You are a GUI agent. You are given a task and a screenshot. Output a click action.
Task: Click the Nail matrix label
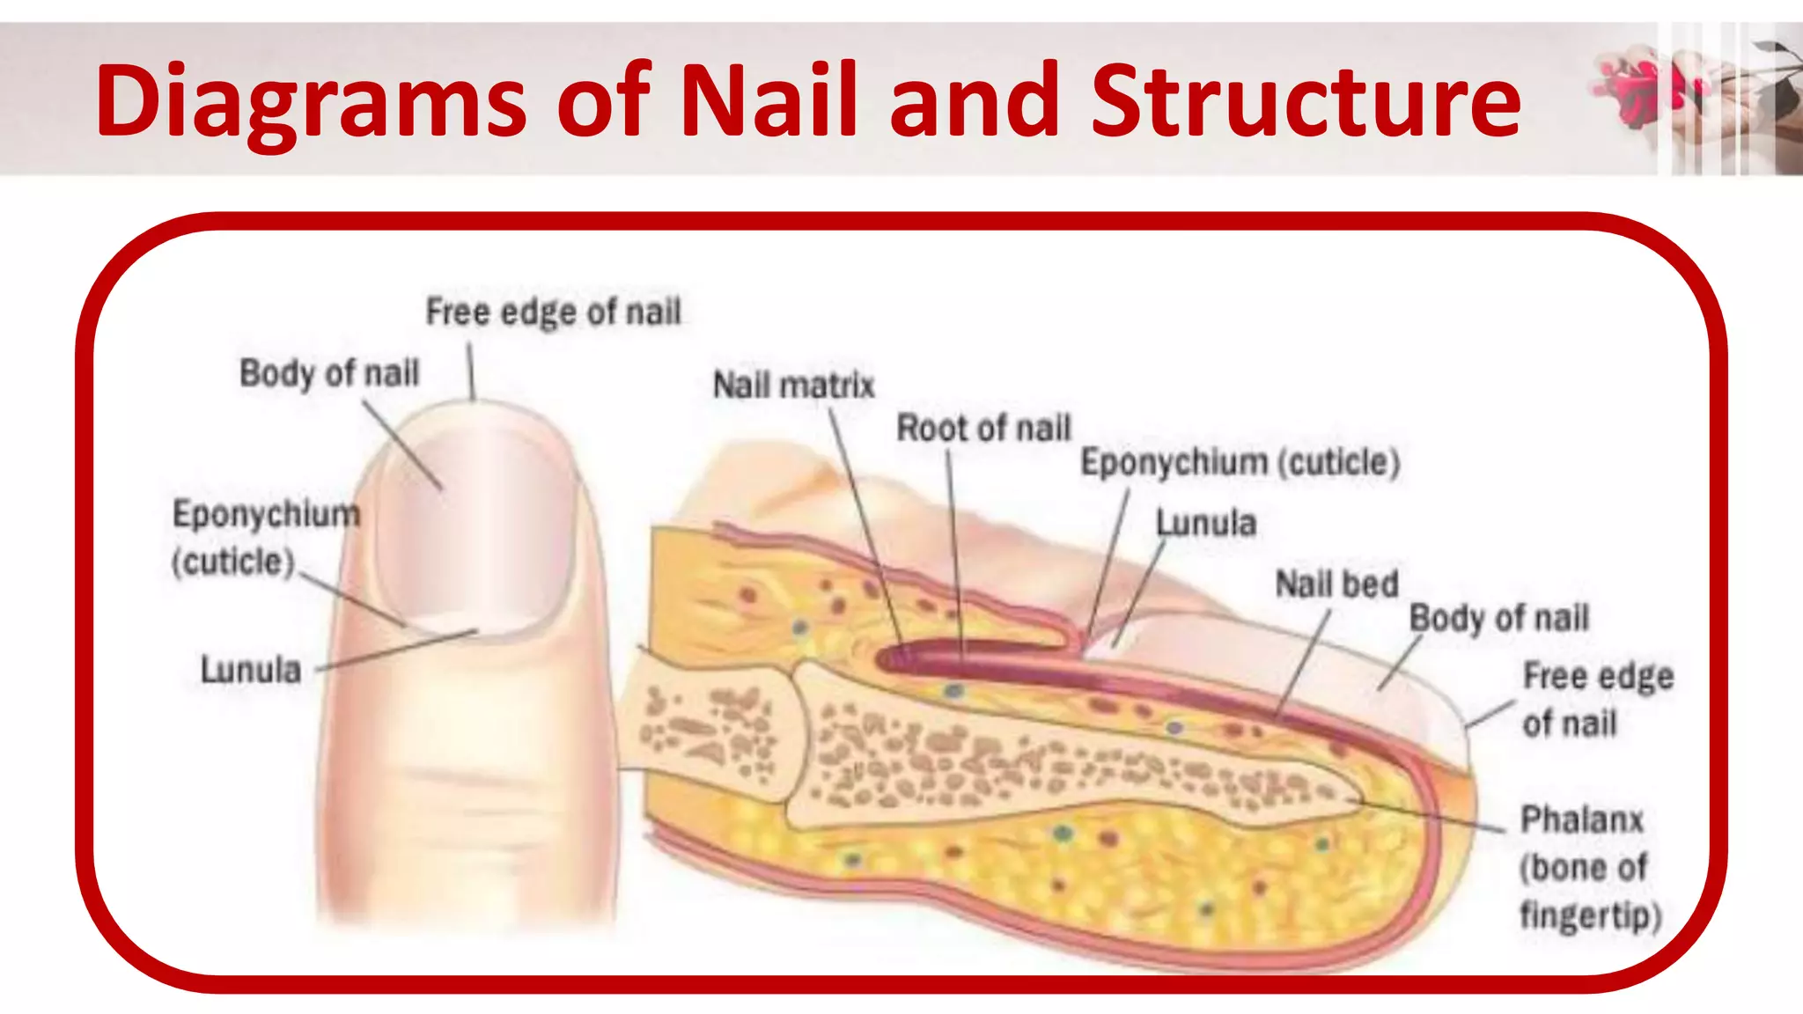(x=793, y=386)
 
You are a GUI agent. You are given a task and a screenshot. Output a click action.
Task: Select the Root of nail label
(x=983, y=429)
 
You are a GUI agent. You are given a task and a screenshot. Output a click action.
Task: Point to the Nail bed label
(x=1336, y=584)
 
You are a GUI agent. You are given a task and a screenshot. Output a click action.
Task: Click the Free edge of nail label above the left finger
(x=553, y=312)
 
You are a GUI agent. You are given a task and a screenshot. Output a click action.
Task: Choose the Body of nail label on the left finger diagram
(x=329, y=373)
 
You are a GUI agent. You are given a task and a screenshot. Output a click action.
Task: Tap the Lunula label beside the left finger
(x=251, y=670)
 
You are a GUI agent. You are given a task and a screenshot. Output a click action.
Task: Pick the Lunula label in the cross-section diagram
(x=1205, y=523)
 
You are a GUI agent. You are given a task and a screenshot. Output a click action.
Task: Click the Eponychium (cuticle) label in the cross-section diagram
(x=1240, y=463)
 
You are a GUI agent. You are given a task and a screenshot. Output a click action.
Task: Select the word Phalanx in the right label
(x=1582, y=819)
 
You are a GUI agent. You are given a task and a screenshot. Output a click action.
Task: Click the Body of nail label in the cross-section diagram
(x=1499, y=618)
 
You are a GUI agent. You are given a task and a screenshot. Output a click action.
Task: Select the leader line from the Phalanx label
(x=1426, y=815)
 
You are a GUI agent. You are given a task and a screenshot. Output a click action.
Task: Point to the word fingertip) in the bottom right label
(x=1590, y=915)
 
